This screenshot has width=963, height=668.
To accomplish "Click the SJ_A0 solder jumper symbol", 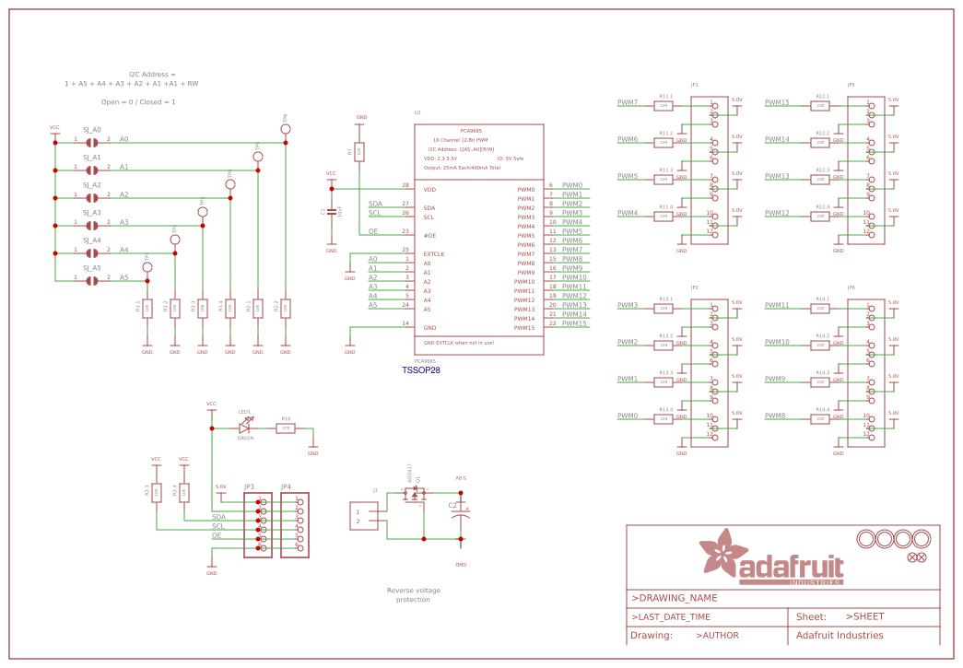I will click(92, 143).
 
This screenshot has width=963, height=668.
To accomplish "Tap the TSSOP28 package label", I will click(421, 370).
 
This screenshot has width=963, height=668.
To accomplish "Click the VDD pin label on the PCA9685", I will click(429, 189).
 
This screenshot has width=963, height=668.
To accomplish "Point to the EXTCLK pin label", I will click(434, 253).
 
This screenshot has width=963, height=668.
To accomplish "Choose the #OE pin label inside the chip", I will click(429, 235).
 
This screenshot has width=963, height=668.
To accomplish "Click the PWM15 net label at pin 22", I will click(574, 323).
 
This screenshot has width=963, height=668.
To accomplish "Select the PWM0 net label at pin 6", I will click(571, 185).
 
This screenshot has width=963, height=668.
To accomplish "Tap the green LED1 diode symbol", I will click(245, 427).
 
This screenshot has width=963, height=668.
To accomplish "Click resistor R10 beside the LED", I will click(286, 428).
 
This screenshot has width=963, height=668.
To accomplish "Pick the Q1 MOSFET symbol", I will click(414, 495).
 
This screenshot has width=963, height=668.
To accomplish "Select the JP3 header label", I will click(249, 486).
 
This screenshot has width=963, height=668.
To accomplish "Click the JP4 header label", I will click(286, 486).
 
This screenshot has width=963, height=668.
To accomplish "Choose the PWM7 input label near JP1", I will click(628, 102).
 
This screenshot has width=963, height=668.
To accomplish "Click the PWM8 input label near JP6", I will click(776, 416).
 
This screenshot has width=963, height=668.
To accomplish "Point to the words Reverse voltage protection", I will click(413, 594).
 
